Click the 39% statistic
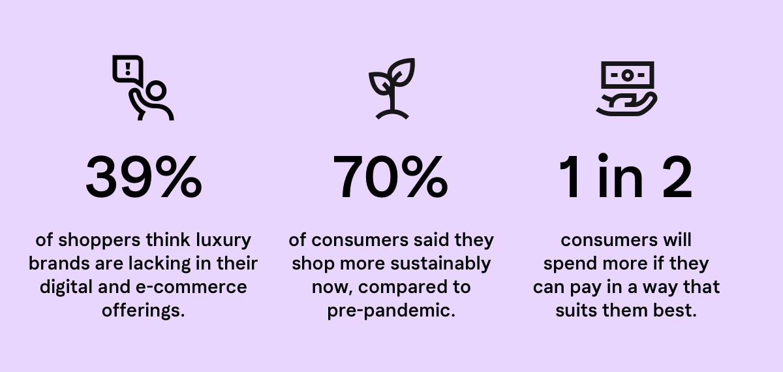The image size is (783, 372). [144, 177]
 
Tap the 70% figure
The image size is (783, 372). [390, 177]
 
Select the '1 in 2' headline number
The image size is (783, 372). [625, 176]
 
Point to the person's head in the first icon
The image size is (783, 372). [155, 91]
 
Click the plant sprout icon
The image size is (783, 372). [392, 89]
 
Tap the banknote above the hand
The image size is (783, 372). [628, 75]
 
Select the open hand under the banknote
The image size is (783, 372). [626, 106]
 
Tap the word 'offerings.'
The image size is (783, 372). [144, 311]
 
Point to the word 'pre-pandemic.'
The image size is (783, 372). [391, 311]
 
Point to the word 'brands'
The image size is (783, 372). [59, 264]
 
